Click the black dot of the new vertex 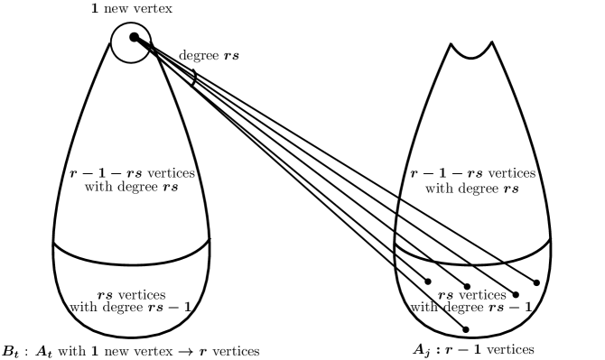134,37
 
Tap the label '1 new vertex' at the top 132,8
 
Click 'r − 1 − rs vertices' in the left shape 134,172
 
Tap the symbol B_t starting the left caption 14,349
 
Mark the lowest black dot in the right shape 466,329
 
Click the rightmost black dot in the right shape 537,282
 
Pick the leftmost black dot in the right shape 428,281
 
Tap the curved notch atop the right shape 470,51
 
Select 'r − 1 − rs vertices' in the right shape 470,172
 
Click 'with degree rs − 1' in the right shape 470,308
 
